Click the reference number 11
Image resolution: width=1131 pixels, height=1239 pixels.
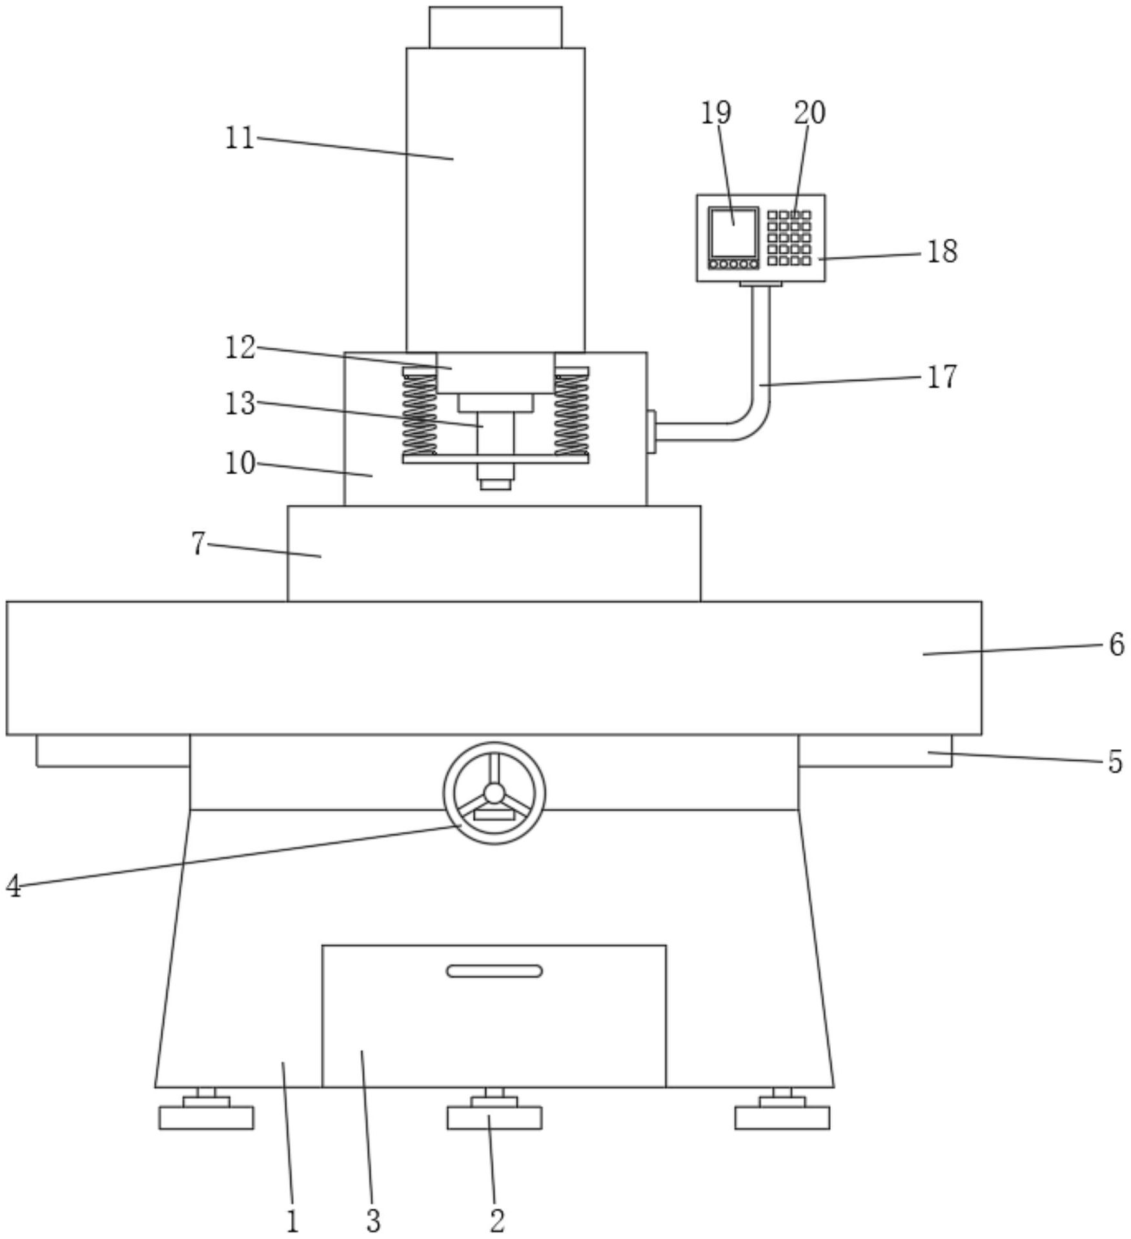[239, 137]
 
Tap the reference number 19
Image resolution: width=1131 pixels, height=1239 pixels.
[716, 112]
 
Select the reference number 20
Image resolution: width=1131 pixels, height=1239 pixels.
[810, 112]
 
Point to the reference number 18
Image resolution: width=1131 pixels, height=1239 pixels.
[942, 251]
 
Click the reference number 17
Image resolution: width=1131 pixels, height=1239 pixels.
[942, 376]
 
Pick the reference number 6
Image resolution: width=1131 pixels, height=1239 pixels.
[1117, 644]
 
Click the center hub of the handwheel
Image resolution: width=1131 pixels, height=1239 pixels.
[494, 792]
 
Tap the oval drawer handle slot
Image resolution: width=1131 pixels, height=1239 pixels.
[494, 971]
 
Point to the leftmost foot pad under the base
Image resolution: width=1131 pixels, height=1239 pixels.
[207, 1117]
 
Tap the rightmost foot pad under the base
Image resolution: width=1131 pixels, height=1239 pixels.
[782, 1117]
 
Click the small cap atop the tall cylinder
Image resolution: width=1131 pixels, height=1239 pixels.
[495, 27]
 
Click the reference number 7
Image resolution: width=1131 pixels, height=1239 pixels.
[198, 544]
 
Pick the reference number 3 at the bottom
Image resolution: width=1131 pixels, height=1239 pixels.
[373, 1220]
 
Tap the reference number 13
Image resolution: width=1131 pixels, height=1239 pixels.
[239, 404]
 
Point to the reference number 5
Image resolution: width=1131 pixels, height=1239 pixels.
[1116, 761]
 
